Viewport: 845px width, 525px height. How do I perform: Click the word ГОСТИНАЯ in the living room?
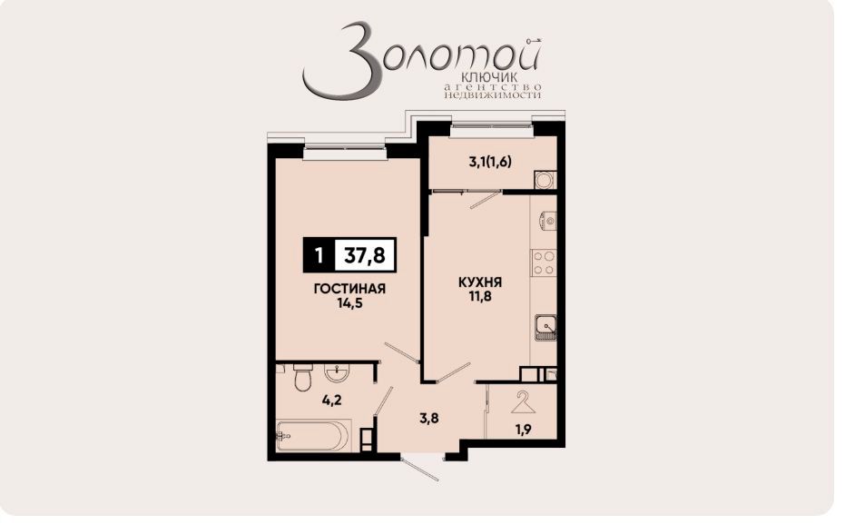click(x=350, y=289)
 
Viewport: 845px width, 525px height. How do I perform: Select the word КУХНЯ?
click(x=480, y=282)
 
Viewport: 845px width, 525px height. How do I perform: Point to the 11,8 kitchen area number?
click(x=480, y=296)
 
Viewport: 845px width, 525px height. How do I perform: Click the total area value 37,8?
click(x=364, y=256)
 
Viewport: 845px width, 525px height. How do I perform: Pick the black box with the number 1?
click(x=318, y=256)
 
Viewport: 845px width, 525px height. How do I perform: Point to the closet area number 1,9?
click(x=524, y=431)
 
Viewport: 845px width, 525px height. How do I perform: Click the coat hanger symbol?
click(x=523, y=401)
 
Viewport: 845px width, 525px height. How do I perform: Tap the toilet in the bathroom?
click(x=303, y=376)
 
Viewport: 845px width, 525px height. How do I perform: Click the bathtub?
click(x=311, y=436)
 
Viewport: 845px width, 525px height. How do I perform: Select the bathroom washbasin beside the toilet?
click(x=338, y=371)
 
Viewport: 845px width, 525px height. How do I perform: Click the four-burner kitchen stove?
click(x=545, y=263)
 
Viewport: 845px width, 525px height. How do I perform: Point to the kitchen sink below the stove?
click(x=545, y=325)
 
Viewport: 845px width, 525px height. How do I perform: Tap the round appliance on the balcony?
click(x=545, y=179)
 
